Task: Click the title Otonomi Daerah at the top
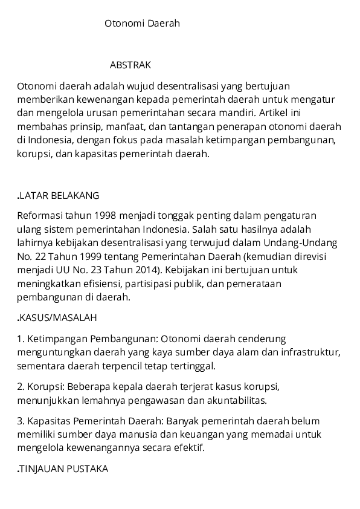click(142, 24)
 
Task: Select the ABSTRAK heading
click(130, 65)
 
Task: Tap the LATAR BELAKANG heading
click(59, 196)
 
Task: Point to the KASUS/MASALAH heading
click(58, 317)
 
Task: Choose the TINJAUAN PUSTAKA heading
click(63, 468)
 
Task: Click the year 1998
click(106, 216)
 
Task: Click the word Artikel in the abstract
click(274, 113)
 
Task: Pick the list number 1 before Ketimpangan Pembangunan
click(20, 339)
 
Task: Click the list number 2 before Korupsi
click(20, 386)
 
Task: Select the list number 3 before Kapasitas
click(20, 421)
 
